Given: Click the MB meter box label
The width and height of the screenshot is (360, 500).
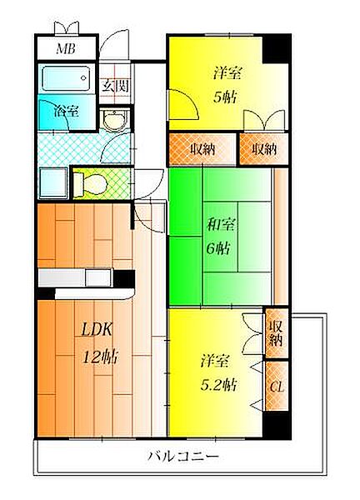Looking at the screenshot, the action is (x=66, y=49).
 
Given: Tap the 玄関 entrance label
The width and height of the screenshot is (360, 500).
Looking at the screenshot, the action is (x=115, y=86).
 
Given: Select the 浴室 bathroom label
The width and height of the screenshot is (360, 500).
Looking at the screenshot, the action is (x=67, y=111).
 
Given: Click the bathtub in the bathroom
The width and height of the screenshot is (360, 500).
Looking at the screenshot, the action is (x=66, y=78).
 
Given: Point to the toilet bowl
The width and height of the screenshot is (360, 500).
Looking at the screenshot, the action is (x=90, y=184).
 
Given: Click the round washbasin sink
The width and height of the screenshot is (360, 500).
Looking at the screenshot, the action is (x=115, y=120).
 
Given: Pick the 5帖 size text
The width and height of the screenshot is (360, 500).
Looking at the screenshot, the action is (x=225, y=97).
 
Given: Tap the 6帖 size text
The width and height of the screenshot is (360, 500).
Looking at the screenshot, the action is (x=218, y=248).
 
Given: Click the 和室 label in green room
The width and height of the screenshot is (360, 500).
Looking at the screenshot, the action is (x=221, y=225).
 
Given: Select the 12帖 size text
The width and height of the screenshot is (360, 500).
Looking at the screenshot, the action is (x=101, y=357).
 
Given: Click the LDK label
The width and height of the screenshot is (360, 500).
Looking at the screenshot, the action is (x=97, y=330).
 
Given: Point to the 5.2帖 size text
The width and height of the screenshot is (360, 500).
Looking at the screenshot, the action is (x=218, y=385).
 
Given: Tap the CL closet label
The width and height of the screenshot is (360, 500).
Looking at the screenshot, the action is (x=277, y=387).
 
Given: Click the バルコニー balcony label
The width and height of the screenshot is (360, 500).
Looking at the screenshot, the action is (x=183, y=456).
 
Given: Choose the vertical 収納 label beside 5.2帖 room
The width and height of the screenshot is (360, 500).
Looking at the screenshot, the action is (x=276, y=333).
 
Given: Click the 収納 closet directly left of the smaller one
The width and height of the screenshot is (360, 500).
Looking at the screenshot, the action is (x=202, y=149).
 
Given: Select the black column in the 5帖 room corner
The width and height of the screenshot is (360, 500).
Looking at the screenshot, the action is (x=276, y=48).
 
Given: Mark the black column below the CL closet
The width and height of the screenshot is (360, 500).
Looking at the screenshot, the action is (x=277, y=425).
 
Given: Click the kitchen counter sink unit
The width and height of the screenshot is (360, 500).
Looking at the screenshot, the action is (x=75, y=277).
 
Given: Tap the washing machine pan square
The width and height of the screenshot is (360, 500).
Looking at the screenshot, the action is (x=53, y=183).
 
